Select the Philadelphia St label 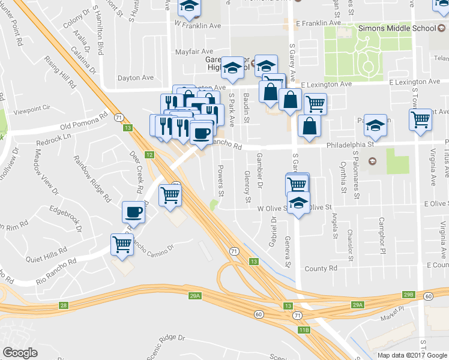(x=350, y=144)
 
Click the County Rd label (x=321, y=268)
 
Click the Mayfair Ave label (x=194, y=52)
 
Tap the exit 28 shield (x=64, y=305)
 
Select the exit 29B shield (x=409, y=295)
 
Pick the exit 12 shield (x=149, y=155)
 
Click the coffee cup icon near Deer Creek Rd (x=133, y=212)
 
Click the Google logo (x=19, y=353)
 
